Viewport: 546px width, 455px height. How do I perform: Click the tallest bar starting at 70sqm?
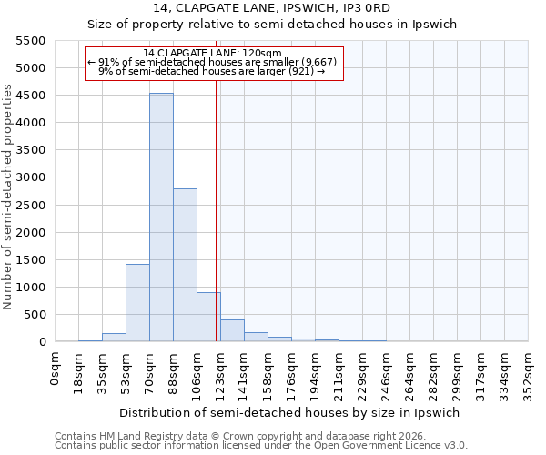(x=161, y=217)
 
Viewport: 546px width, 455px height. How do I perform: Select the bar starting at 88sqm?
(x=185, y=265)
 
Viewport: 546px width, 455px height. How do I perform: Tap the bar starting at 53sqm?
(x=137, y=303)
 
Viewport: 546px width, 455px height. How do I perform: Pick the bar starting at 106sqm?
(x=208, y=317)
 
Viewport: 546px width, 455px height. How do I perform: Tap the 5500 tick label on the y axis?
(x=31, y=41)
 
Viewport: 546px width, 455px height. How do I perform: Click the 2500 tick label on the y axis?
(x=31, y=206)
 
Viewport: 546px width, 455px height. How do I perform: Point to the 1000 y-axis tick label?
(x=31, y=288)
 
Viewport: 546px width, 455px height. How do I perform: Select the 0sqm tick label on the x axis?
(x=56, y=369)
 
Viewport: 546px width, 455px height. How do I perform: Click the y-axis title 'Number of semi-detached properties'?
(x=8, y=197)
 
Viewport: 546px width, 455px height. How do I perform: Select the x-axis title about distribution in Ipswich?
(x=291, y=412)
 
